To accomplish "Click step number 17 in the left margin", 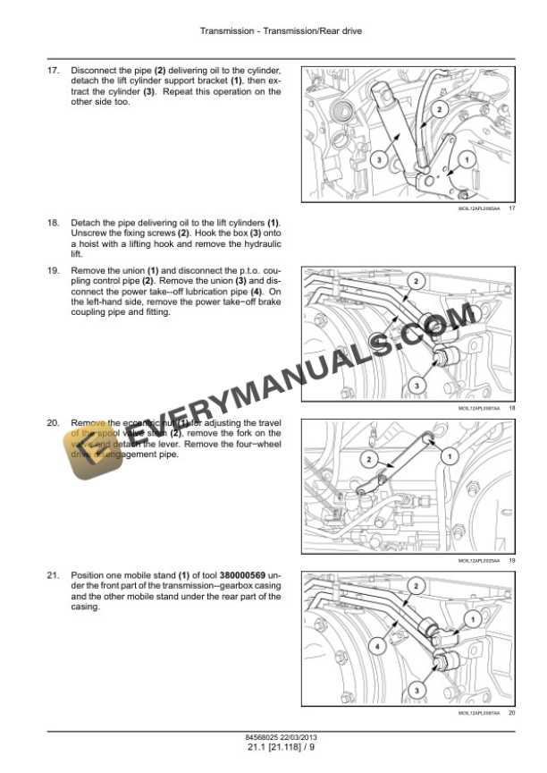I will point(52,70).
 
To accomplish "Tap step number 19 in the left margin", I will point(52,269).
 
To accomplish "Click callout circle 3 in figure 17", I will point(379,160).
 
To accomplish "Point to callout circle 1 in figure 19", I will point(448,454).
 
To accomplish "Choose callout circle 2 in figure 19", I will point(367,459).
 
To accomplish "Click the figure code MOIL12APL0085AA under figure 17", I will point(477,208).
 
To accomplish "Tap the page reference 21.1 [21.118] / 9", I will point(273,749).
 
